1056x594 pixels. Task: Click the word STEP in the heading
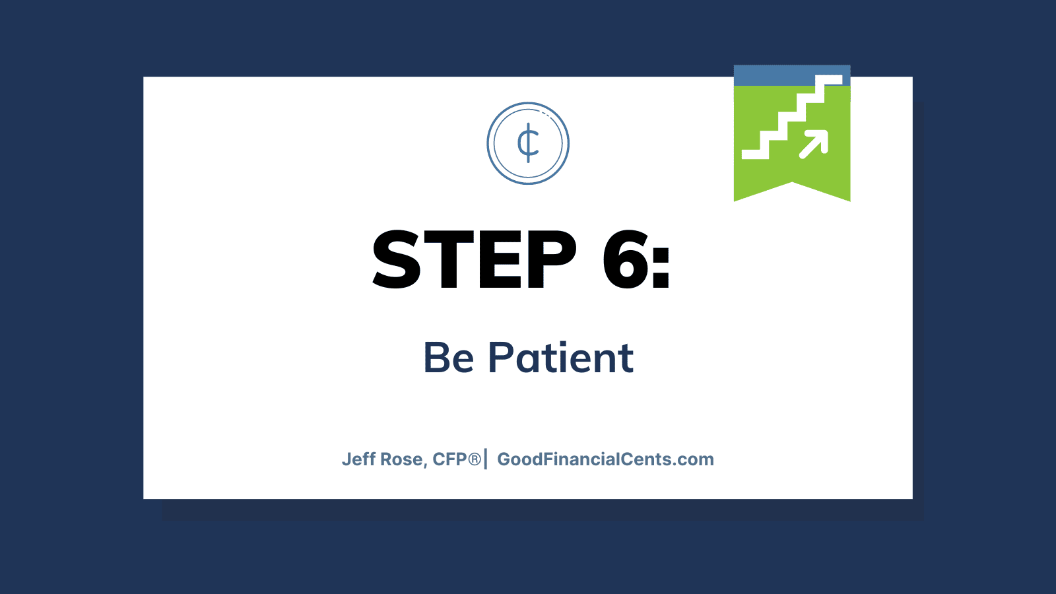[475, 260]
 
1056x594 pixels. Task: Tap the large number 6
[626, 260]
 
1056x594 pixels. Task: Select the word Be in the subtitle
[448, 357]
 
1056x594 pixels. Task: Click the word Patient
[560, 357]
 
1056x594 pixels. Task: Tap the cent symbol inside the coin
[528, 143]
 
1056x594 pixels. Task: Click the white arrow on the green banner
[814, 145]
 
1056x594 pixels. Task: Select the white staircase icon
[792, 117]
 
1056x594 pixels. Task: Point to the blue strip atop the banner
[792, 75]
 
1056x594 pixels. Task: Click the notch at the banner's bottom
[793, 182]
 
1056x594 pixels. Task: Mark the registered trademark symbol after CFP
[475, 459]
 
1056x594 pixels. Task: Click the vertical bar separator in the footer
[486, 459]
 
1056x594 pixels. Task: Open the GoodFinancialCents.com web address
[606, 459]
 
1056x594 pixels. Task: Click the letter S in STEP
[397, 260]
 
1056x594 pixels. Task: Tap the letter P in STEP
[552, 260]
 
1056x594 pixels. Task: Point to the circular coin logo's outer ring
[528, 103]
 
